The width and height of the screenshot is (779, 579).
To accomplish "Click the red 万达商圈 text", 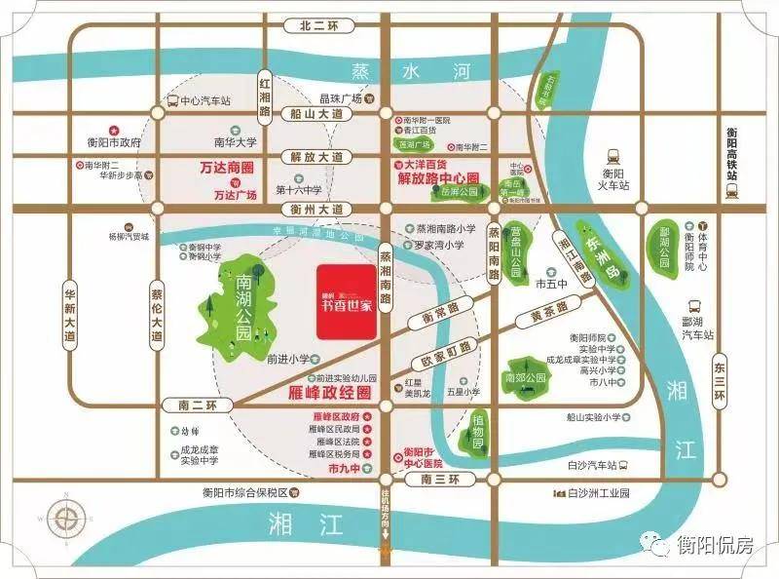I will [x=226, y=167].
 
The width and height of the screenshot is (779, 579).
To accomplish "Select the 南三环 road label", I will [x=433, y=480].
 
